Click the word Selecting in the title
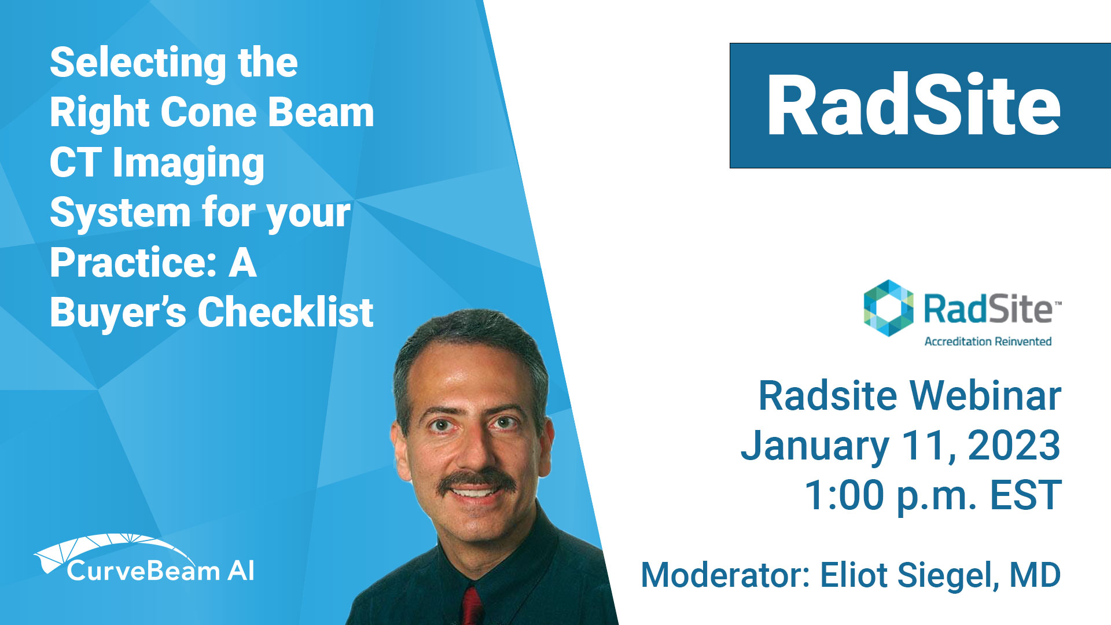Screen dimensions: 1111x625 point(138,64)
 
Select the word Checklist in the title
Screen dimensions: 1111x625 point(286,312)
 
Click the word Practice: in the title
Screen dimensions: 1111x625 point(133,263)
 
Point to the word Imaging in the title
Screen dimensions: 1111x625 point(189,164)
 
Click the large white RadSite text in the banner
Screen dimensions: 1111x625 point(914,105)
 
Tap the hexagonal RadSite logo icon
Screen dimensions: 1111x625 point(888,308)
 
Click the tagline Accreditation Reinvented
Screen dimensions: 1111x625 point(988,341)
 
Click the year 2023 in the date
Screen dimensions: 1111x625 point(1014,446)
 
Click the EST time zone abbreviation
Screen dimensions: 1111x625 point(1025,495)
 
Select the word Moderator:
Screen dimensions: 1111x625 point(725,575)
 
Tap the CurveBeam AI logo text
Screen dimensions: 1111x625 point(160,571)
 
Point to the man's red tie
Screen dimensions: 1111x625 point(472,606)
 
